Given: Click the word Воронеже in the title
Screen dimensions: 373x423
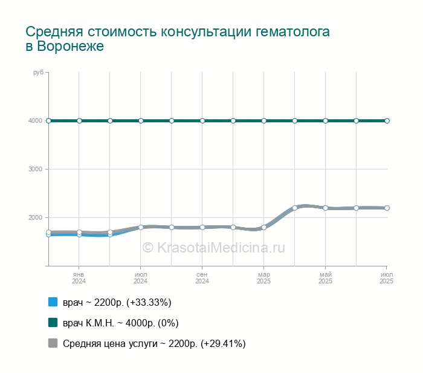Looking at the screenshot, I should coord(70,46).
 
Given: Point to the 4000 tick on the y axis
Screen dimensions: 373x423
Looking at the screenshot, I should coord(34,120).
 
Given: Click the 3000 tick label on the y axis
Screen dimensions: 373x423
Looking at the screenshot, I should coord(34,169).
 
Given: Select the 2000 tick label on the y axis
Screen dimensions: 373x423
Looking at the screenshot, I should coord(34,217).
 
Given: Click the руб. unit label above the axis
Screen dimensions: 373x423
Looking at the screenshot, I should coord(38,73).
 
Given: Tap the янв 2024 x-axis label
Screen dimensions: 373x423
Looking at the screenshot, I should coord(79,278).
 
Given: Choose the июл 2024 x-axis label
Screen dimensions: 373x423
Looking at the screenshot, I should coord(141,278).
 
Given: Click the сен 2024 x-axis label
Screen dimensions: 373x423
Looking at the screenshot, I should coord(202,278).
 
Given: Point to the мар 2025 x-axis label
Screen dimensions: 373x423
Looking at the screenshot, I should coord(264,278).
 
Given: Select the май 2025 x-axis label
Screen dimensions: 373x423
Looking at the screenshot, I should coord(326,278).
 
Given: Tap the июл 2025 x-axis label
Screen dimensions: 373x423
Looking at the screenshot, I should coord(387,278).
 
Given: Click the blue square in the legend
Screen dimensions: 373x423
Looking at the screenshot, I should coord(53,302).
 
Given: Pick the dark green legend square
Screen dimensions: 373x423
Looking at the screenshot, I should coord(53,323).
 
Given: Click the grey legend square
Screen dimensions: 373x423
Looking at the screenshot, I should coord(53,343).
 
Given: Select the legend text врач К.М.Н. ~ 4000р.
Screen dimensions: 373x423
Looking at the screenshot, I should coord(120,323).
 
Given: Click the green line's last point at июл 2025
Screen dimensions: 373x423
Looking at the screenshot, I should coord(387,120).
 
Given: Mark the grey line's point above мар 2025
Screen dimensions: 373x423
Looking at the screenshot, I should coord(264,228).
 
